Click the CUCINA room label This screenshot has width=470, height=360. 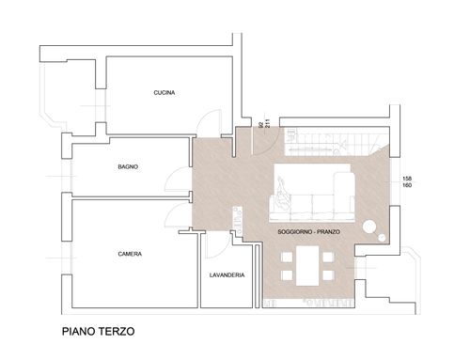[164, 93]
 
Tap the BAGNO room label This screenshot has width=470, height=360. [128, 166]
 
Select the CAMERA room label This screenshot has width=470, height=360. [130, 254]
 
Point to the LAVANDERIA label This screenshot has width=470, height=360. [227, 275]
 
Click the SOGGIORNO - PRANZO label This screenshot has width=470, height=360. [308, 232]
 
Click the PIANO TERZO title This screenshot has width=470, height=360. [99, 331]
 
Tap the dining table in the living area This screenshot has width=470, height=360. [307, 266]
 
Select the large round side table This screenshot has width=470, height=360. [369, 227]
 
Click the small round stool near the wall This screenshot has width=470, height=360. [382, 238]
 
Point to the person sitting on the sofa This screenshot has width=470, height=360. [283, 194]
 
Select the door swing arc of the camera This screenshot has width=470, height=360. [172, 209]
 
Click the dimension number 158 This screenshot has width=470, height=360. [407, 179]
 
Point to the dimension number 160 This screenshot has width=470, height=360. [407, 185]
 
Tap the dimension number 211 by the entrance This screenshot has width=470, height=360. [267, 123]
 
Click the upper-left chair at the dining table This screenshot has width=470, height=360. [287, 258]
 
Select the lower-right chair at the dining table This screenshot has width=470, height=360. [328, 275]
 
